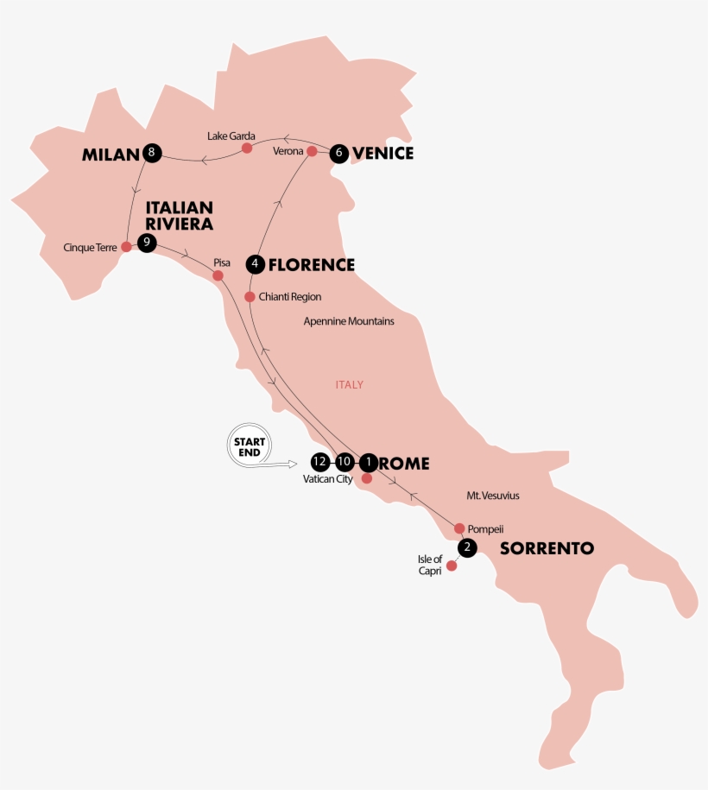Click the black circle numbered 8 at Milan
point(152,153)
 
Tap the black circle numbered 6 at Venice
point(338,153)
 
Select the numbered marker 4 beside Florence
point(256,264)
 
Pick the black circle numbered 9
point(146,243)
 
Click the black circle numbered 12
point(320,463)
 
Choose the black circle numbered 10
point(345,463)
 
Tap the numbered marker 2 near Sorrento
point(467,547)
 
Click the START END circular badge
point(249,447)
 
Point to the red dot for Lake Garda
point(246,149)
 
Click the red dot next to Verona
point(312,152)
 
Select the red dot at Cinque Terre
point(126,247)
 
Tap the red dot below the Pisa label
point(218,276)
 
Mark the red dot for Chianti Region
point(250,297)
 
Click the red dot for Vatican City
point(366,478)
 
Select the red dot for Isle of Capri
point(451,566)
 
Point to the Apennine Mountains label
point(349,321)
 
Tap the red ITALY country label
point(350,385)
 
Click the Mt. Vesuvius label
point(493,496)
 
